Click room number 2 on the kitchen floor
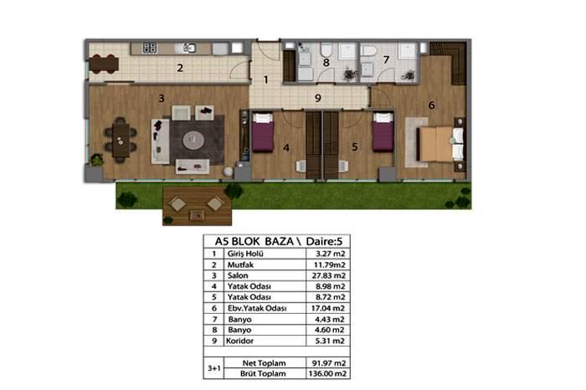click(180, 68)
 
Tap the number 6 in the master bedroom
click(432, 105)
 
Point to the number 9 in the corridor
click(318, 98)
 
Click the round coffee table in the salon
click(193, 140)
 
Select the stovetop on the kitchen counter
click(150, 48)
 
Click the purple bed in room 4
click(263, 132)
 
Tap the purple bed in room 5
click(383, 132)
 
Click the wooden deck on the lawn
click(197, 206)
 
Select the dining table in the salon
click(121, 140)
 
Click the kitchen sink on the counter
click(190, 48)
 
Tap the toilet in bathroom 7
click(370, 51)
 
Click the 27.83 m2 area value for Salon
click(328, 275)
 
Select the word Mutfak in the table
click(241, 264)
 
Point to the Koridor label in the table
click(240, 341)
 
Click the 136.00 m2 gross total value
click(327, 373)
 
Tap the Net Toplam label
click(265, 363)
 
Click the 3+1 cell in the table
click(214, 368)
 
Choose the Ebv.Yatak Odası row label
click(257, 309)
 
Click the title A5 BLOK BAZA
click(254, 241)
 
